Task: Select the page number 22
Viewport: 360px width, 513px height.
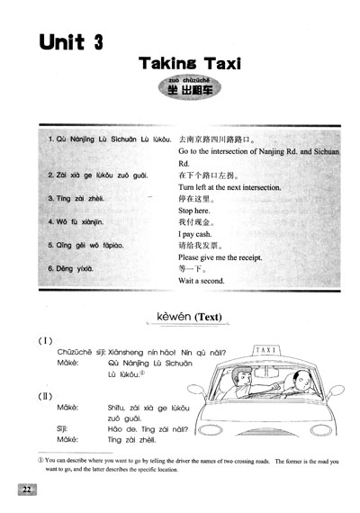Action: coord(25,490)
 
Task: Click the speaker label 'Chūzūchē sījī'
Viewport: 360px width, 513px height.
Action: coord(82,353)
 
